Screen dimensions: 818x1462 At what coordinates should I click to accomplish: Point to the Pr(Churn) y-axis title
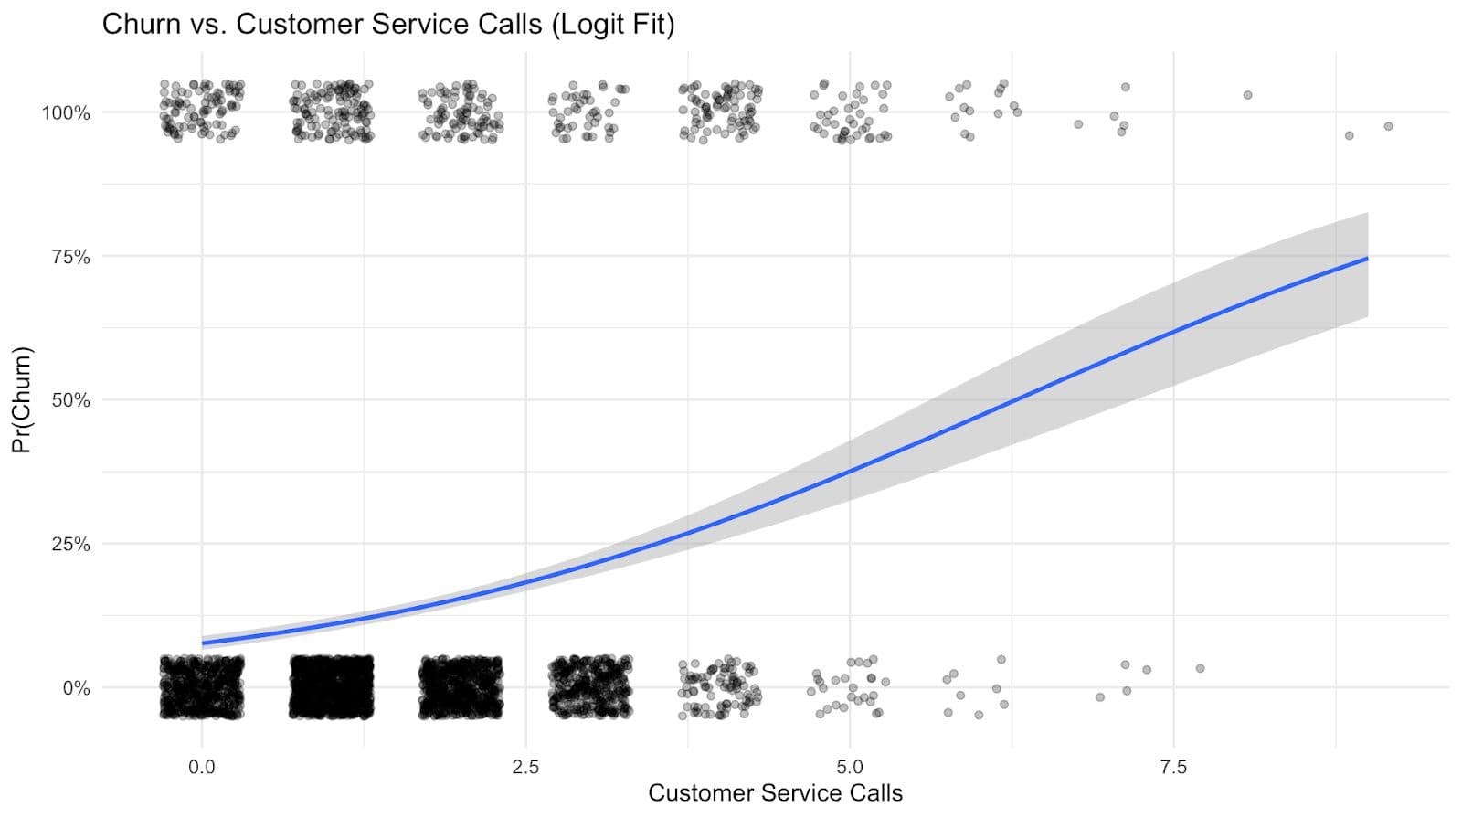point(21,399)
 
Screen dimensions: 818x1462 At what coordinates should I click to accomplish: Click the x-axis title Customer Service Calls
point(775,792)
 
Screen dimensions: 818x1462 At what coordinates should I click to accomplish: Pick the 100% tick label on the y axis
point(66,113)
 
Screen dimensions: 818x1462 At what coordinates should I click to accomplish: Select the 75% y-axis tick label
point(70,257)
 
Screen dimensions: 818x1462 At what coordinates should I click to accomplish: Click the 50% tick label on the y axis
point(70,400)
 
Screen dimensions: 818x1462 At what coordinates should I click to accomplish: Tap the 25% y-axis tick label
point(70,544)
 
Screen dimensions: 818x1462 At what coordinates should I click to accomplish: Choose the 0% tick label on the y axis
point(76,687)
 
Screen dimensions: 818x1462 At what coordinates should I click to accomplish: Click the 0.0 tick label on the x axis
point(202,766)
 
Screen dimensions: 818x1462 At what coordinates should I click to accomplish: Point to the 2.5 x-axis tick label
point(525,766)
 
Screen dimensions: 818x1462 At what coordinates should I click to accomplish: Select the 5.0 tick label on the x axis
point(850,766)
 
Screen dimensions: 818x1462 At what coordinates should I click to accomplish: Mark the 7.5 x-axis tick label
point(1173,766)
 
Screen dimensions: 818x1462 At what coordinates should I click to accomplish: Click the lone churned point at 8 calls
point(1247,95)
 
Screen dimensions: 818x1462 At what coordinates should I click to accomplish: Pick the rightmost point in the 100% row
point(1388,126)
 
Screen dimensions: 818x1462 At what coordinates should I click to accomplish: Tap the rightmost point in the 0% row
point(1200,668)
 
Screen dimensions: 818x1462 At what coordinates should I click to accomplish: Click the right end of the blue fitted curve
point(1367,259)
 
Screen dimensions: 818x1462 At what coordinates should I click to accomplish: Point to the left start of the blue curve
point(203,643)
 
